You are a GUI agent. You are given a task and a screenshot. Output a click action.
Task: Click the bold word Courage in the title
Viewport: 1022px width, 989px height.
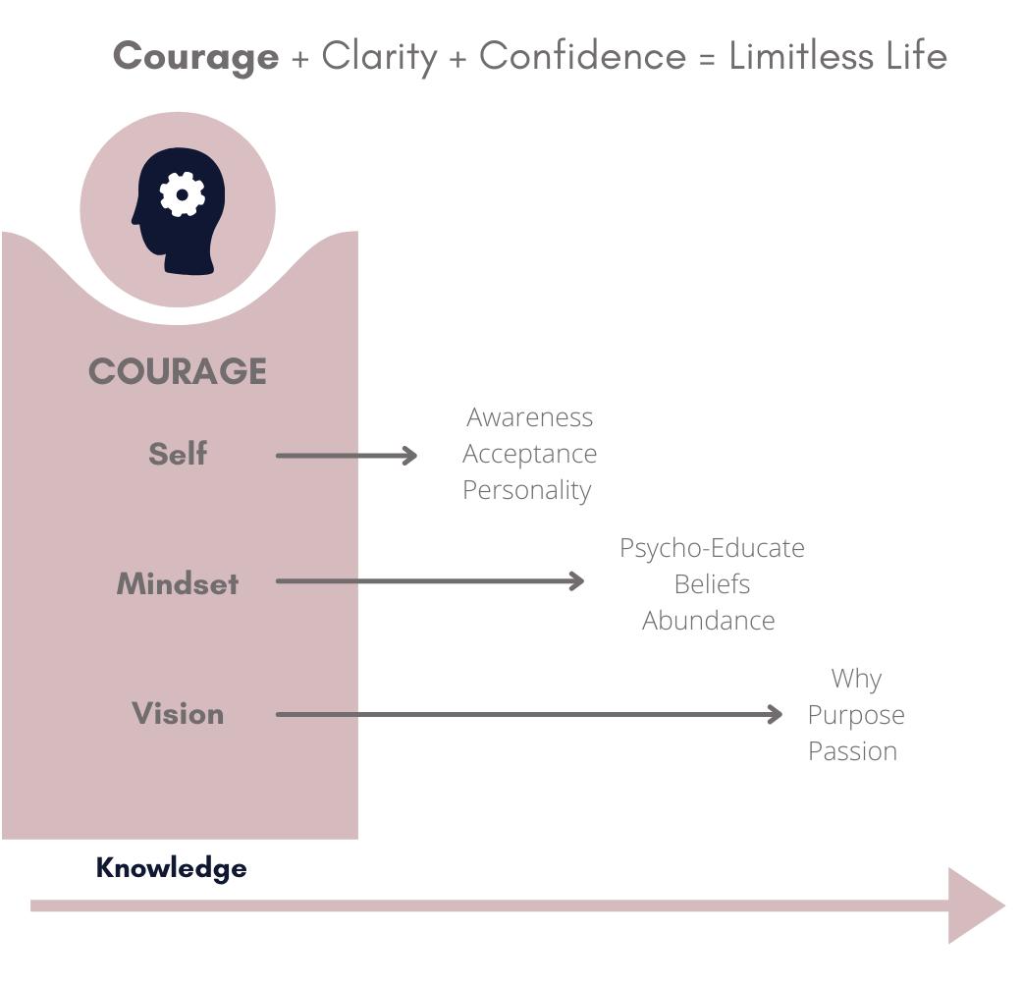pos(195,56)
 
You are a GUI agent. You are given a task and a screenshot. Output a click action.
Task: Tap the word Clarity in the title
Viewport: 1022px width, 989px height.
pos(379,57)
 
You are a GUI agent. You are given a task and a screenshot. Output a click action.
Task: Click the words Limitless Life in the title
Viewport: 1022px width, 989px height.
pos(837,56)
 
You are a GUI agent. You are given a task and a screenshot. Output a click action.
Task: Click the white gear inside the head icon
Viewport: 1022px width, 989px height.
pos(182,195)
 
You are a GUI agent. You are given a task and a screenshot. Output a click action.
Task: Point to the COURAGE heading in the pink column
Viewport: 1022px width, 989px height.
pos(178,371)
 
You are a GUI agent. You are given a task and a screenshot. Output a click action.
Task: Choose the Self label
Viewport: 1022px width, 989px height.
pos(178,454)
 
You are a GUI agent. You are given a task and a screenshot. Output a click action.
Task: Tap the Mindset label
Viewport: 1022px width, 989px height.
pos(178,583)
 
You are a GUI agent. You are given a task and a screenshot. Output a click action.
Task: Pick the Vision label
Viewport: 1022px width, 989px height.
pos(178,714)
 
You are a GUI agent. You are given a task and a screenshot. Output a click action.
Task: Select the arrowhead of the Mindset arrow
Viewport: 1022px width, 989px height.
pos(577,581)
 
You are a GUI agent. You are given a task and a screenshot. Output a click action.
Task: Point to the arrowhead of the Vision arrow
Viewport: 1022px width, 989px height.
pos(776,714)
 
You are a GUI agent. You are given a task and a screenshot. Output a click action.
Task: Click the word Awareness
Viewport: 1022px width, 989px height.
pos(530,417)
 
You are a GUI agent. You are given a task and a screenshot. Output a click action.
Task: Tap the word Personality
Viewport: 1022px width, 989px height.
pos(527,490)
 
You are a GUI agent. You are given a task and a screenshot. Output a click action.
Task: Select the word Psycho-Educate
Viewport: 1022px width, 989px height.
pos(712,547)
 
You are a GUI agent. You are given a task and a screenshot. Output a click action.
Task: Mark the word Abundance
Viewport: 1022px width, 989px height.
pos(709,621)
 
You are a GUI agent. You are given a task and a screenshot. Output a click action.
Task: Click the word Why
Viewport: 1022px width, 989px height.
pos(856,679)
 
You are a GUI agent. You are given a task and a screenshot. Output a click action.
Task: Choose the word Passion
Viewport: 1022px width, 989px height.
pos(853,751)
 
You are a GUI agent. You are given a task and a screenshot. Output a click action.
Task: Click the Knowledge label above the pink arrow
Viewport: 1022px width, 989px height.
pos(171,868)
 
